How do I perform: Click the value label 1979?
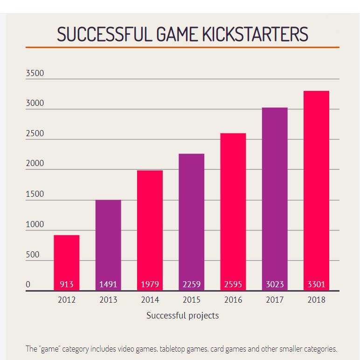pyautogui.click(x=150, y=284)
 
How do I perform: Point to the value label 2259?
pyautogui.click(x=191, y=284)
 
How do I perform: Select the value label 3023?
pyautogui.click(x=275, y=284)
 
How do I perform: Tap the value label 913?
pyautogui.click(x=67, y=284)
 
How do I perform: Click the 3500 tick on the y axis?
pyautogui.click(x=35, y=73)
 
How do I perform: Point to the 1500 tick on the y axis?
pyautogui.click(x=35, y=194)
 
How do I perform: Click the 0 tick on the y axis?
pyautogui.click(x=28, y=285)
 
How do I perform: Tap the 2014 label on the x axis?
pyautogui.click(x=150, y=300)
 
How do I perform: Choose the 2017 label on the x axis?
pyautogui.click(x=275, y=300)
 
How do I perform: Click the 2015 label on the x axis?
pyautogui.click(x=191, y=300)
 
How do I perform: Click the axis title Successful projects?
pyautogui.click(x=182, y=316)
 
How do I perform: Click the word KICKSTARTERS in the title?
pyautogui.click(x=254, y=35)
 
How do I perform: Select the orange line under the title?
pyautogui.click(x=182, y=48)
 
